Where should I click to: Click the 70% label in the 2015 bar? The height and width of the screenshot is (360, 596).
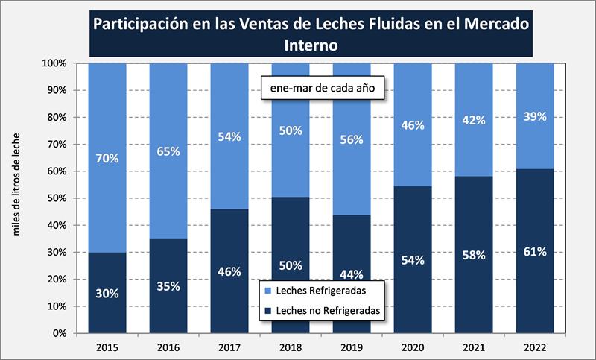point(107,158)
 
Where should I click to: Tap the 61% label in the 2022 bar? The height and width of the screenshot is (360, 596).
point(535,251)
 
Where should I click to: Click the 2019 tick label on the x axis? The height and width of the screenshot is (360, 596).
point(352,347)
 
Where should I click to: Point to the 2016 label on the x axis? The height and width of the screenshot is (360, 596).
point(168,347)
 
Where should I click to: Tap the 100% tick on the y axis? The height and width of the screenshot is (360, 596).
point(55,63)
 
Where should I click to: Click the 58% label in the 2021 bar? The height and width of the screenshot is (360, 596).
point(473,256)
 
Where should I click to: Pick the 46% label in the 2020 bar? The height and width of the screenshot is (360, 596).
point(412,125)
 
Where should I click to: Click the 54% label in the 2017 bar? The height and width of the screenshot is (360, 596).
point(229,136)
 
